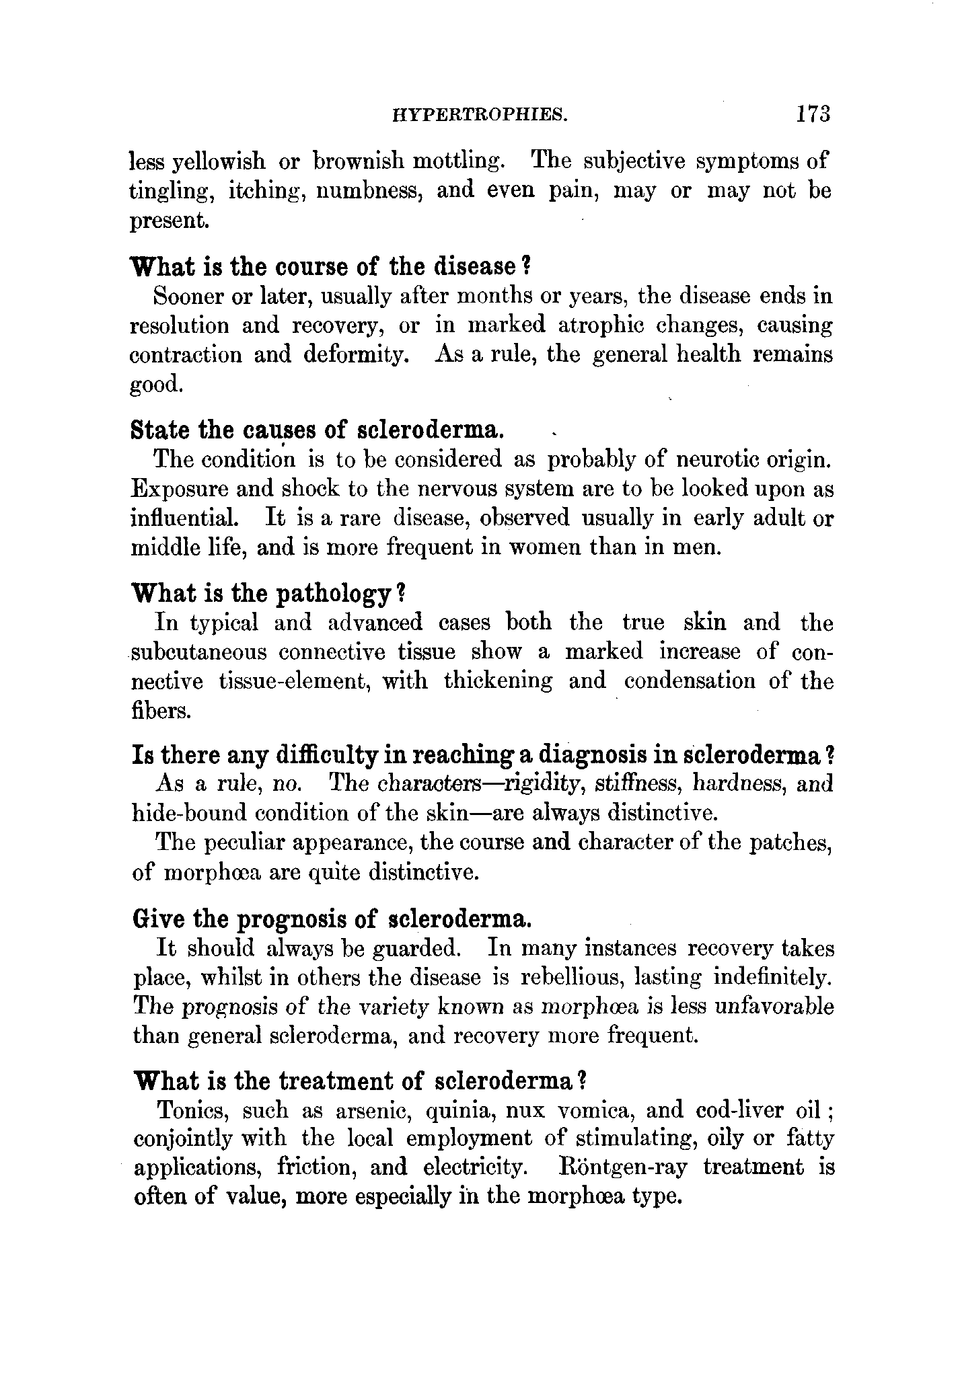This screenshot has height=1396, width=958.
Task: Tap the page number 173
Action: click(813, 113)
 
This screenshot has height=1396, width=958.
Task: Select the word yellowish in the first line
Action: click(219, 162)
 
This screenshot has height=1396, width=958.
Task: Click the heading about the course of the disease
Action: click(332, 267)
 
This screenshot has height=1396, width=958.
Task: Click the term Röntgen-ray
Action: click(624, 1168)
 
